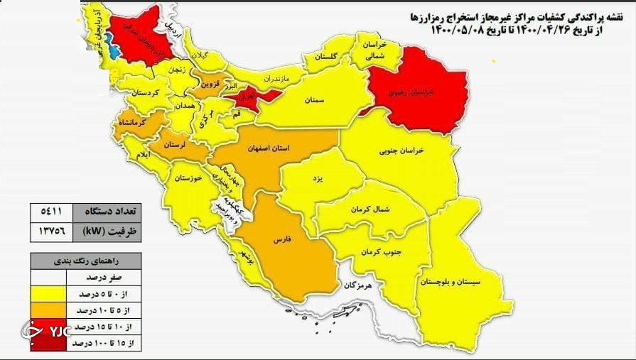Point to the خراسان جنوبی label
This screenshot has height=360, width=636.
[x=401, y=151]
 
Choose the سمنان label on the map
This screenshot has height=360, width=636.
[x=315, y=100]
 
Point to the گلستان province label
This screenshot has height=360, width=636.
[x=328, y=56]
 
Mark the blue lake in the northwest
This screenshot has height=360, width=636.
[x=109, y=52]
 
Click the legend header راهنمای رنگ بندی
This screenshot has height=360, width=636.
[x=84, y=261]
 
